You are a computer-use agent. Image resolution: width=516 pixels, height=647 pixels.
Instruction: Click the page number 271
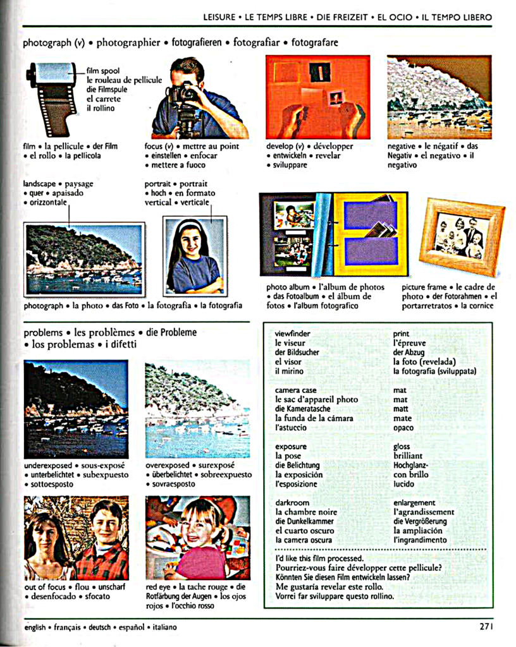(x=485, y=627)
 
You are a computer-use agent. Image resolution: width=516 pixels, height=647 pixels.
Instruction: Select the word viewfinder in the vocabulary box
(x=293, y=334)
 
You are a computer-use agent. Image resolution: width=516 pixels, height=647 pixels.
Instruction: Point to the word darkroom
(x=292, y=503)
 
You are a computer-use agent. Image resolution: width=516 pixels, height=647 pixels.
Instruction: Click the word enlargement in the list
(x=414, y=503)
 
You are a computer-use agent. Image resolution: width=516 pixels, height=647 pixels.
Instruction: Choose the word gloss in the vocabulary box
(x=402, y=446)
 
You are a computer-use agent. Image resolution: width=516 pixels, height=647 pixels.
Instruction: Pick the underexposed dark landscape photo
(x=76, y=409)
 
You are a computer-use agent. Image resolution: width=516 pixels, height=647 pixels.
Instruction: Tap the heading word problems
(x=43, y=332)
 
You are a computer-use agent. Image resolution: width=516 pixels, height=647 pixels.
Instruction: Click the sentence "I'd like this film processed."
(x=319, y=559)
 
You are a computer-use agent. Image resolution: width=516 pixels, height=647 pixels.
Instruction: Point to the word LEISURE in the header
(x=219, y=17)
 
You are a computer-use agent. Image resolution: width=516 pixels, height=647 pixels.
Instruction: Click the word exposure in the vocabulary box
(x=291, y=446)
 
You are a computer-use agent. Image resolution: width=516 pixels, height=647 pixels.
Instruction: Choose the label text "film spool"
(x=103, y=71)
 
